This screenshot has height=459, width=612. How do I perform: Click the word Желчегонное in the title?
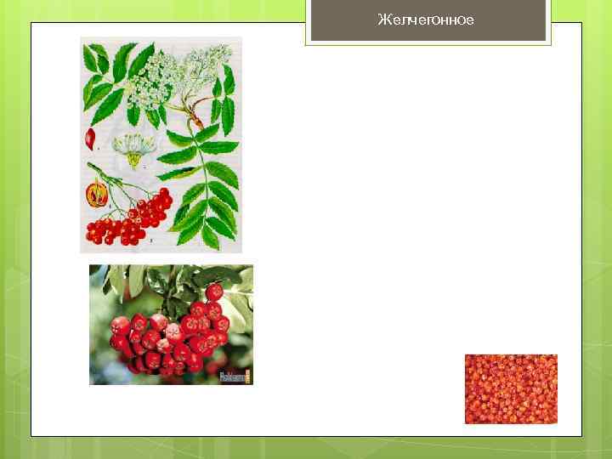pos(426,20)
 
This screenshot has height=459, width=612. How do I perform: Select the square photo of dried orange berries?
pos(511,388)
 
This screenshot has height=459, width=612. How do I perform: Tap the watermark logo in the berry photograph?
pos(235,375)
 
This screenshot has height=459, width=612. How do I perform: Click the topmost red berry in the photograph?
pos(213,292)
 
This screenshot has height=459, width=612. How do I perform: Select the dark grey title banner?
pos(428,20)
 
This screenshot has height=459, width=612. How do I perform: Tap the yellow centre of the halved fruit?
pos(97,194)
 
